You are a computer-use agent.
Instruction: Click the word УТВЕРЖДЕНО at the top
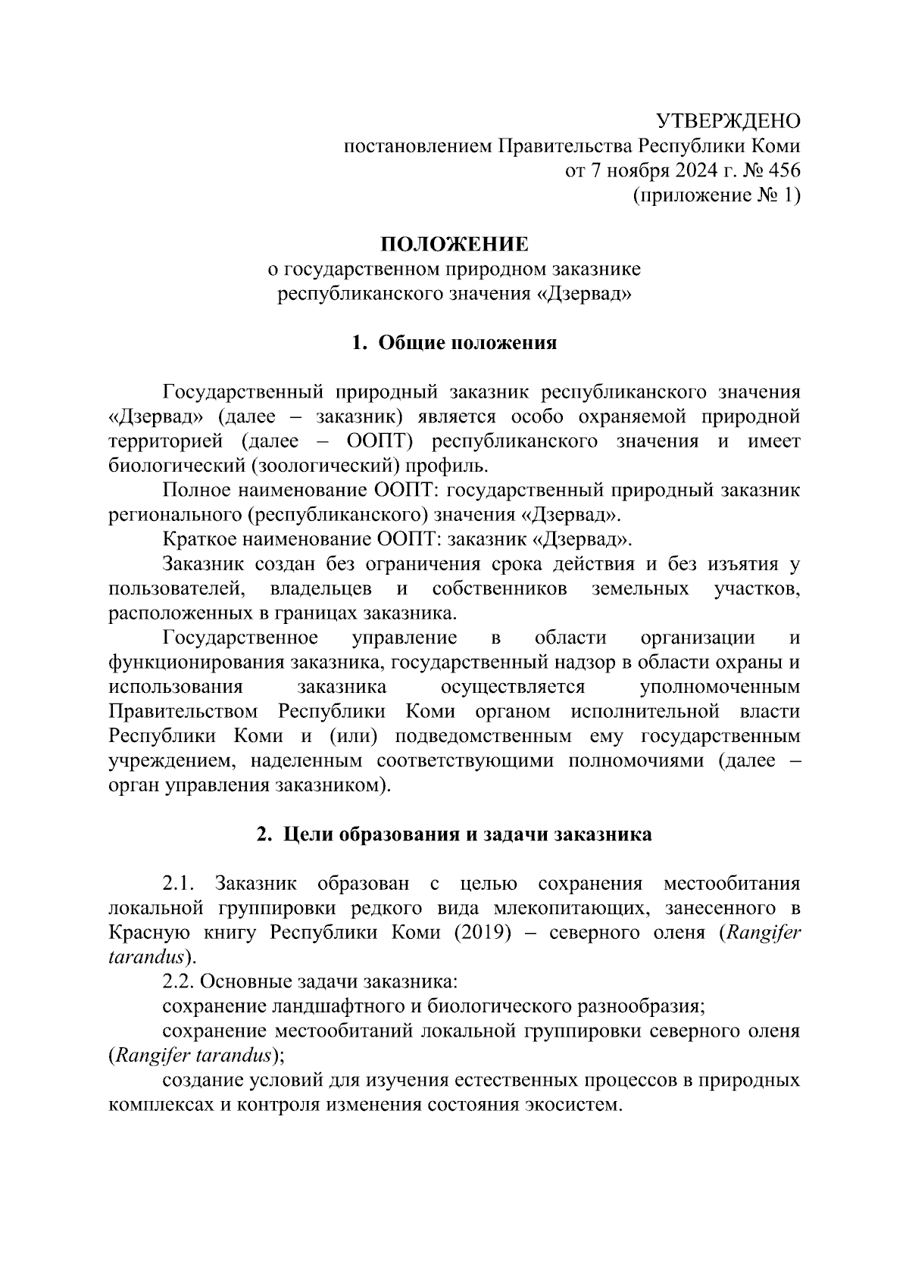tap(727, 121)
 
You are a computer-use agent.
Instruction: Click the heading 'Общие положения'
tap(467, 343)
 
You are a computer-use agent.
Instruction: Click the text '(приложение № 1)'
tap(716, 196)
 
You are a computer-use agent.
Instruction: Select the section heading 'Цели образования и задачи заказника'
tap(467, 834)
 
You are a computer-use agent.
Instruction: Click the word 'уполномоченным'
tap(720, 688)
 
